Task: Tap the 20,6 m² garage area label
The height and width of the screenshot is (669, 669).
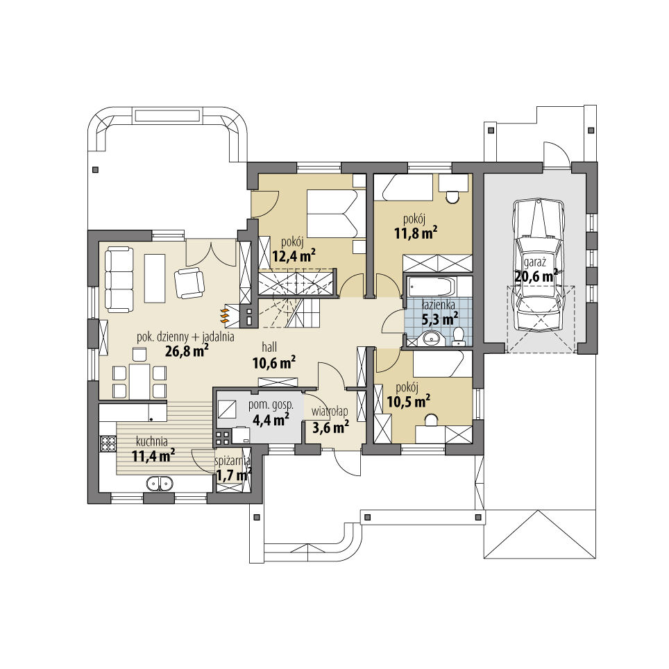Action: [536, 276]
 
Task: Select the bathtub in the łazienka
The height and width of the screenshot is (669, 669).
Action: [430, 286]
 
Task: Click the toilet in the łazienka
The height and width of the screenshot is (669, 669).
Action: [458, 337]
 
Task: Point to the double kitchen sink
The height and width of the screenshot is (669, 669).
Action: [160, 483]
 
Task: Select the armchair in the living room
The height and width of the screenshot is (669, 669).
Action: [189, 282]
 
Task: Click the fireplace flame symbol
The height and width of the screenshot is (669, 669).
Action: [225, 316]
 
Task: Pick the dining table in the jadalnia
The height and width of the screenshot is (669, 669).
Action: [139, 382]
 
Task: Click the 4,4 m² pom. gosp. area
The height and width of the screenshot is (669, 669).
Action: [271, 419]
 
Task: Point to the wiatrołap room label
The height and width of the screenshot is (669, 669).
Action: [330, 412]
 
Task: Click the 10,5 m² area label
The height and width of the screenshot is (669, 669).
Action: [408, 400]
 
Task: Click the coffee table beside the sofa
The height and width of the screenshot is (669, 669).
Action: [155, 278]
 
